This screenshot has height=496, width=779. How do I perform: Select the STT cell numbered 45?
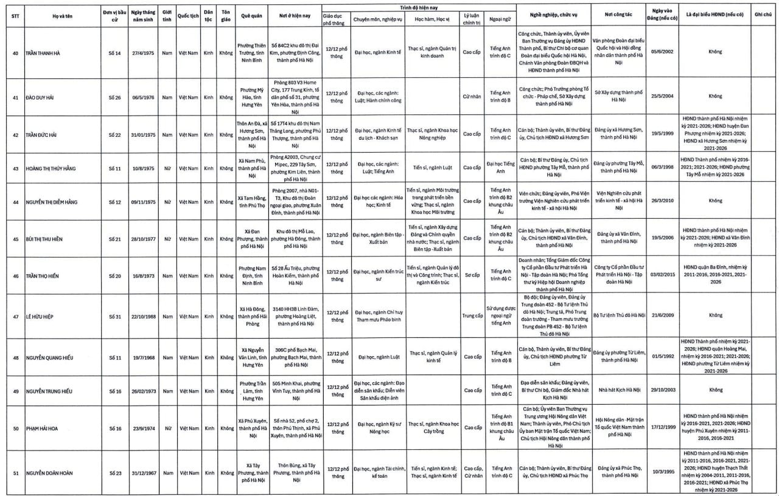(15, 239)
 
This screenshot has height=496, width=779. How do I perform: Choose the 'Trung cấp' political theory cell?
(472, 315)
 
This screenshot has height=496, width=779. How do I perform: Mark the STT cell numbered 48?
(15, 357)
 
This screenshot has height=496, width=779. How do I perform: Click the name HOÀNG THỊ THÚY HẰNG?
(51, 168)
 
